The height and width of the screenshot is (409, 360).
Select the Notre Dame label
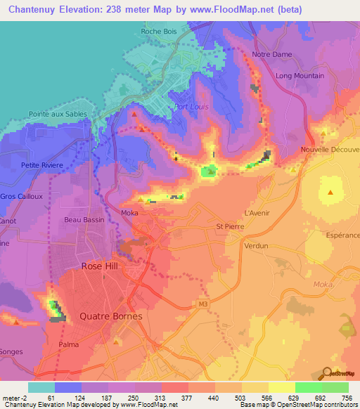click(271, 54)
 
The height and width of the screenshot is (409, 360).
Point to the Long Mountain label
click(300, 76)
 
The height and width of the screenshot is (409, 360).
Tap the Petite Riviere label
click(42, 165)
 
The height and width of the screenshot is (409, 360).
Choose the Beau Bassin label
click(84, 220)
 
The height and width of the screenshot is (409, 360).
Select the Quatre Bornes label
click(111, 316)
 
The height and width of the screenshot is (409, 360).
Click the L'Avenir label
click(257, 213)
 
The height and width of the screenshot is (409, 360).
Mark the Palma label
click(69, 345)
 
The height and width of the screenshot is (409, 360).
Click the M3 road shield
click(203, 304)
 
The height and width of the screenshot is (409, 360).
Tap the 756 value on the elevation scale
click(347, 398)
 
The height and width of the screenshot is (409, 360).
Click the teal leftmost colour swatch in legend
click(41, 387)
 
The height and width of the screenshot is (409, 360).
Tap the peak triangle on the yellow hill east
click(330, 191)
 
